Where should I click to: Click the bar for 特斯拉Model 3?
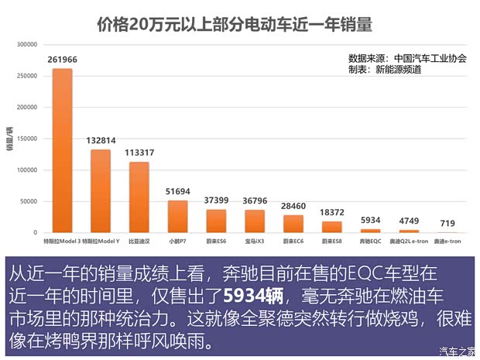[62, 151]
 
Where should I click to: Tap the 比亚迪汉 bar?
[139, 197]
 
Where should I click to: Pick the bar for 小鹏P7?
[177, 217]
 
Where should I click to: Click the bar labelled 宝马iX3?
[255, 221]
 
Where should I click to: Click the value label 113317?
[139, 153]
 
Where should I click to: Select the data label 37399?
[216, 201]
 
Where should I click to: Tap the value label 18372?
[331, 212]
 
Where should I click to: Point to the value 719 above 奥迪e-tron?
[447, 223]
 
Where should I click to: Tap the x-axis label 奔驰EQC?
[370, 242]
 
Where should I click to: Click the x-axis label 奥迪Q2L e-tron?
[409, 242]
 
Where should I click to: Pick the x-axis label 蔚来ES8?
[331, 242]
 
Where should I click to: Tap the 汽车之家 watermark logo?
[457, 351]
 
